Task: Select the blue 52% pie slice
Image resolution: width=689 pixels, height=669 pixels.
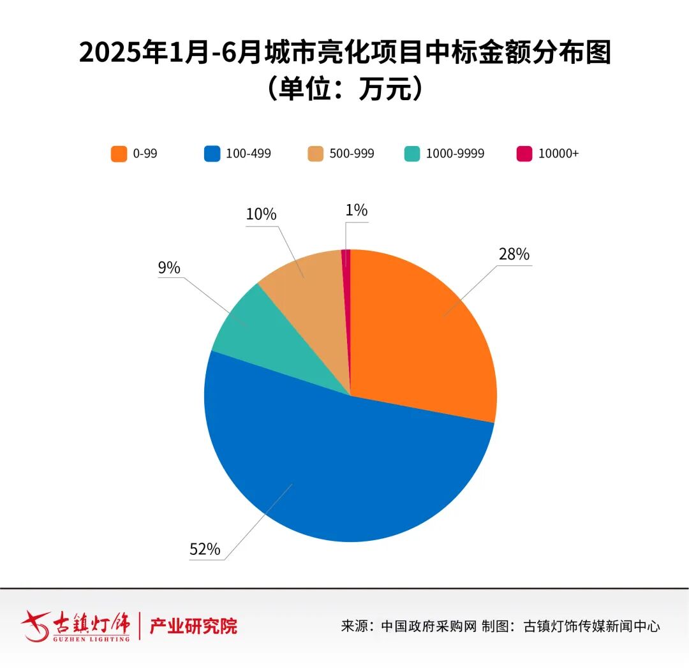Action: pyautogui.click(x=344, y=472)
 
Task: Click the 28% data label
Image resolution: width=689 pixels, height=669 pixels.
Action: pyautogui.click(x=514, y=254)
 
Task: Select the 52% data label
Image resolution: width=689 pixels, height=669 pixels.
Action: pyautogui.click(x=205, y=549)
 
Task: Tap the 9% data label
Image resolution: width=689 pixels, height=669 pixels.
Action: pyautogui.click(x=169, y=268)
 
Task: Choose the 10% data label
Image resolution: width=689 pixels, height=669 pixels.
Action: pyautogui.click(x=261, y=214)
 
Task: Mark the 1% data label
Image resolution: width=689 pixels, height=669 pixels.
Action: pyautogui.click(x=356, y=210)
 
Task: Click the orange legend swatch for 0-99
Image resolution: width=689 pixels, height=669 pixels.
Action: pyautogui.click(x=118, y=154)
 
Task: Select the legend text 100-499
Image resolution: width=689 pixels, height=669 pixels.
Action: pyautogui.click(x=249, y=154)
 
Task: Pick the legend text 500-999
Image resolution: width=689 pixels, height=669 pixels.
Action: pyautogui.click(x=352, y=154)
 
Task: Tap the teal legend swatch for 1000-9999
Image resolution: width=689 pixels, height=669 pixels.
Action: pyautogui.click(x=412, y=154)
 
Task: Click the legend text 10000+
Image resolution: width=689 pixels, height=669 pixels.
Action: pyautogui.click(x=558, y=154)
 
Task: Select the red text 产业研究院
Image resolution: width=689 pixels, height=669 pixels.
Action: pyautogui.click(x=193, y=626)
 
